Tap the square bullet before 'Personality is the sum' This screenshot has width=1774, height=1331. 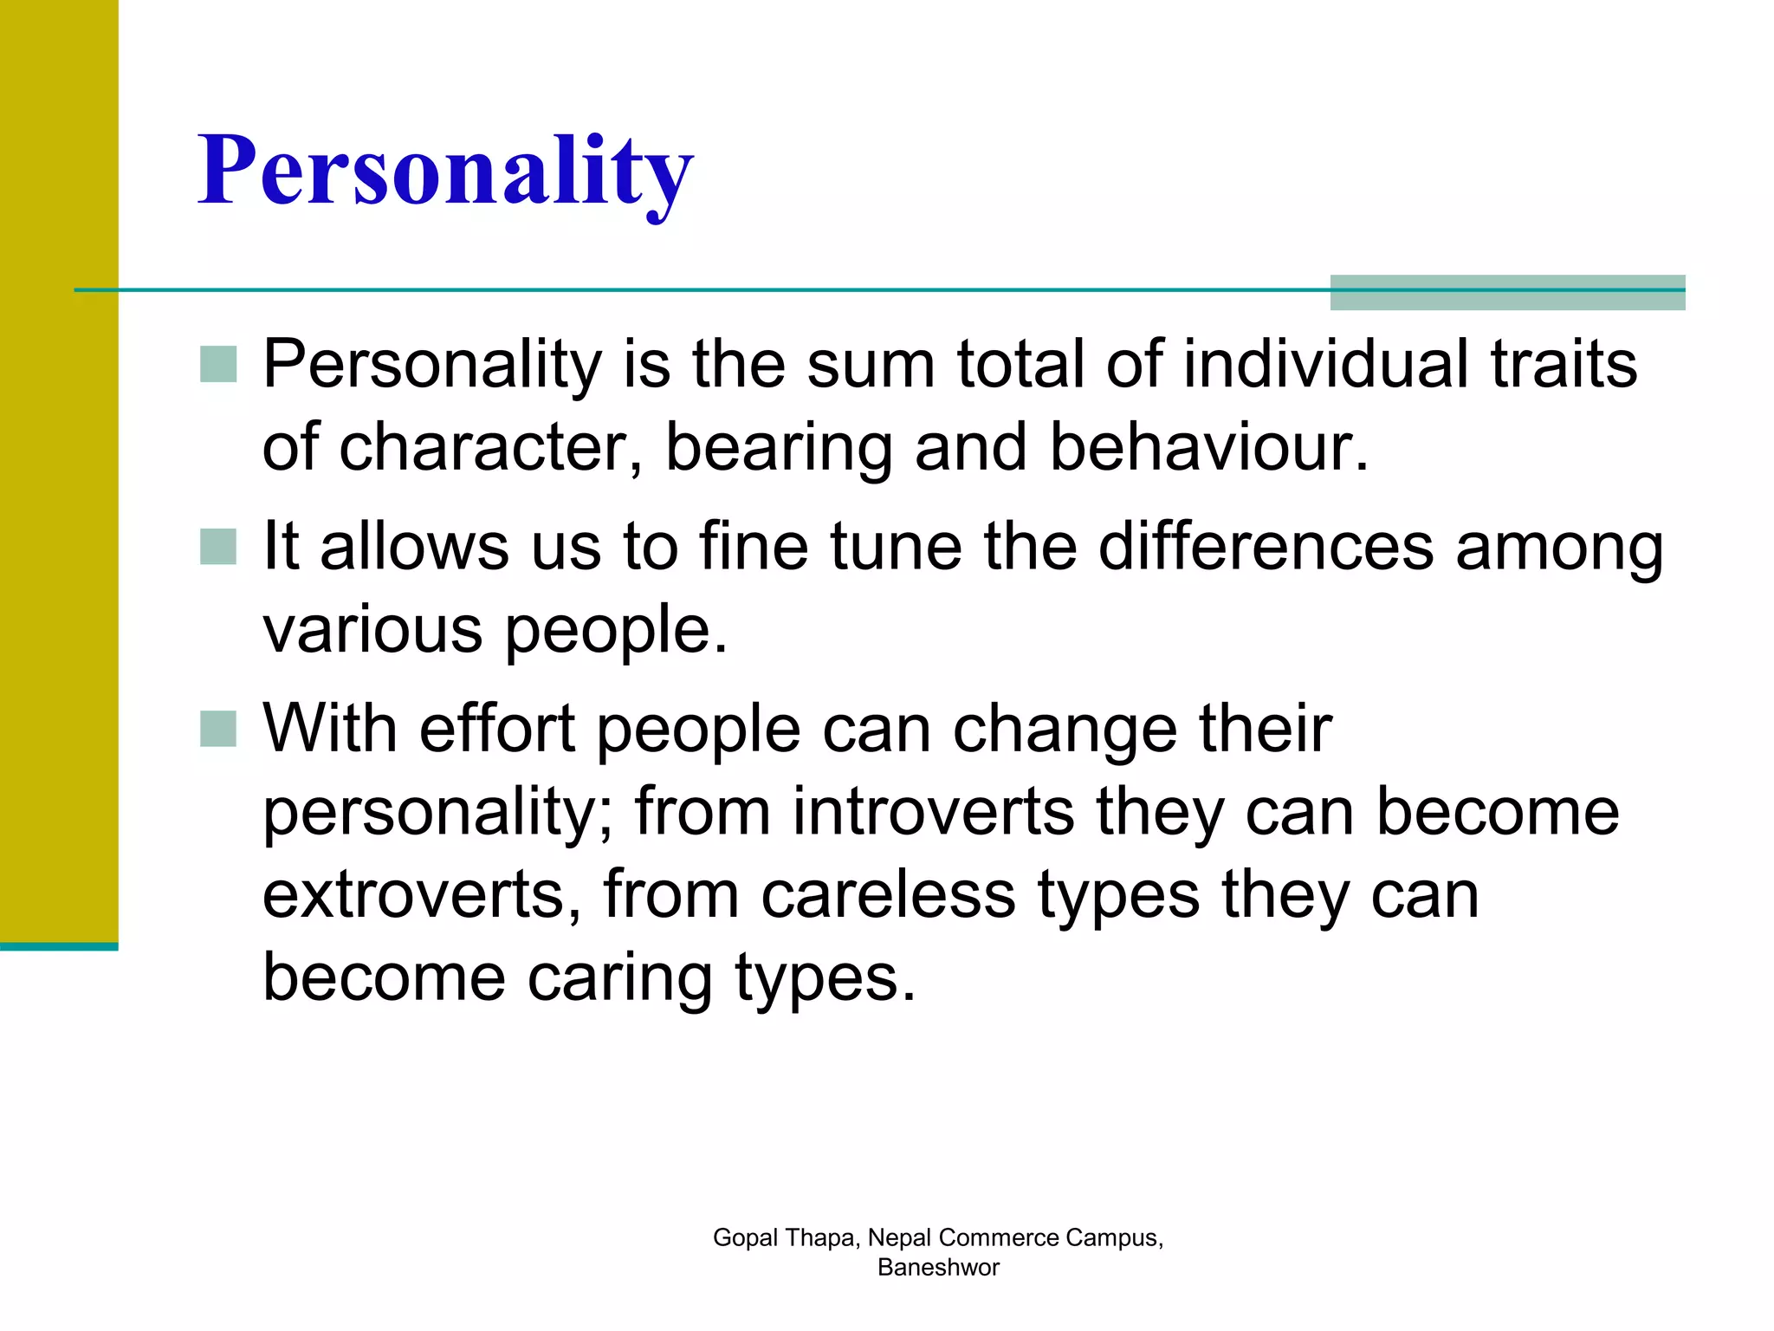[x=217, y=364]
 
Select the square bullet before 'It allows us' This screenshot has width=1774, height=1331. [x=217, y=547]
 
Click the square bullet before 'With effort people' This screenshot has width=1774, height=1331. [x=217, y=729]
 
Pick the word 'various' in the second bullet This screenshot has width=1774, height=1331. [x=372, y=630]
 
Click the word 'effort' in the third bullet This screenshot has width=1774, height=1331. [x=497, y=729]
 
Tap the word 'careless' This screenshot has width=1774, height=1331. [x=888, y=895]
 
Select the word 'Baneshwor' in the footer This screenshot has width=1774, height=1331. [x=938, y=1268]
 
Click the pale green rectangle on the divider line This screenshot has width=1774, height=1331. [x=1507, y=293]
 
